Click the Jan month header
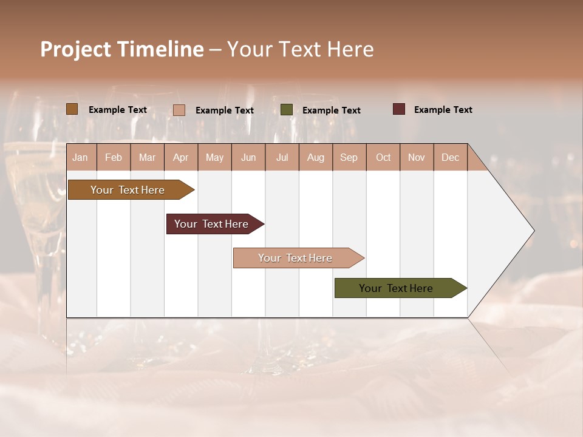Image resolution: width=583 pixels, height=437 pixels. tap(81, 157)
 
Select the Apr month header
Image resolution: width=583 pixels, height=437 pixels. tap(180, 157)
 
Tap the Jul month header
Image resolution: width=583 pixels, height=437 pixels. tap(282, 157)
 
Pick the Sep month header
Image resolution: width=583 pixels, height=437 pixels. tap(349, 157)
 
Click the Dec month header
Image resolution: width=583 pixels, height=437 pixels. tap(450, 157)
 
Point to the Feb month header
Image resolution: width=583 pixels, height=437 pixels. tap(114, 157)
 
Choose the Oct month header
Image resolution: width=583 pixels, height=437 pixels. tap(383, 157)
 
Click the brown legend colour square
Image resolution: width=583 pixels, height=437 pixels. tap(72, 109)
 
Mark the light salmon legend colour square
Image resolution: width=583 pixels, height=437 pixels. tap(179, 110)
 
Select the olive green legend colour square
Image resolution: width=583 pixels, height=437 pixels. tap(287, 110)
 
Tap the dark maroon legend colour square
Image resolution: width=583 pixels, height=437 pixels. tap(398, 109)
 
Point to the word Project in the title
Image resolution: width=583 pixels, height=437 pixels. tap(75, 49)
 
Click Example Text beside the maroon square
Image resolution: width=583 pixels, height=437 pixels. tap(443, 110)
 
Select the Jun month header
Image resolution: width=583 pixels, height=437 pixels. tap(248, 157)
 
